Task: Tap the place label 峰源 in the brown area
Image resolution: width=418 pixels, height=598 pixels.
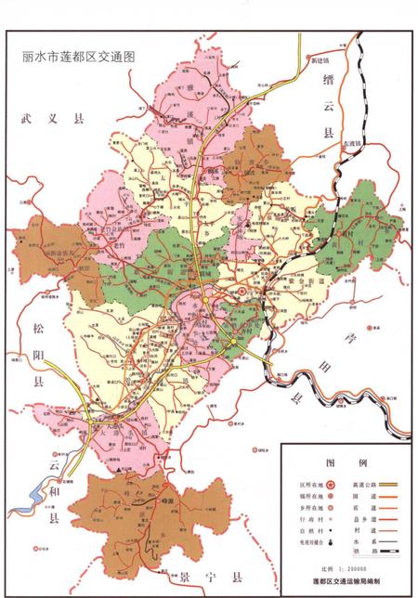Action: pos(168,499)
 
